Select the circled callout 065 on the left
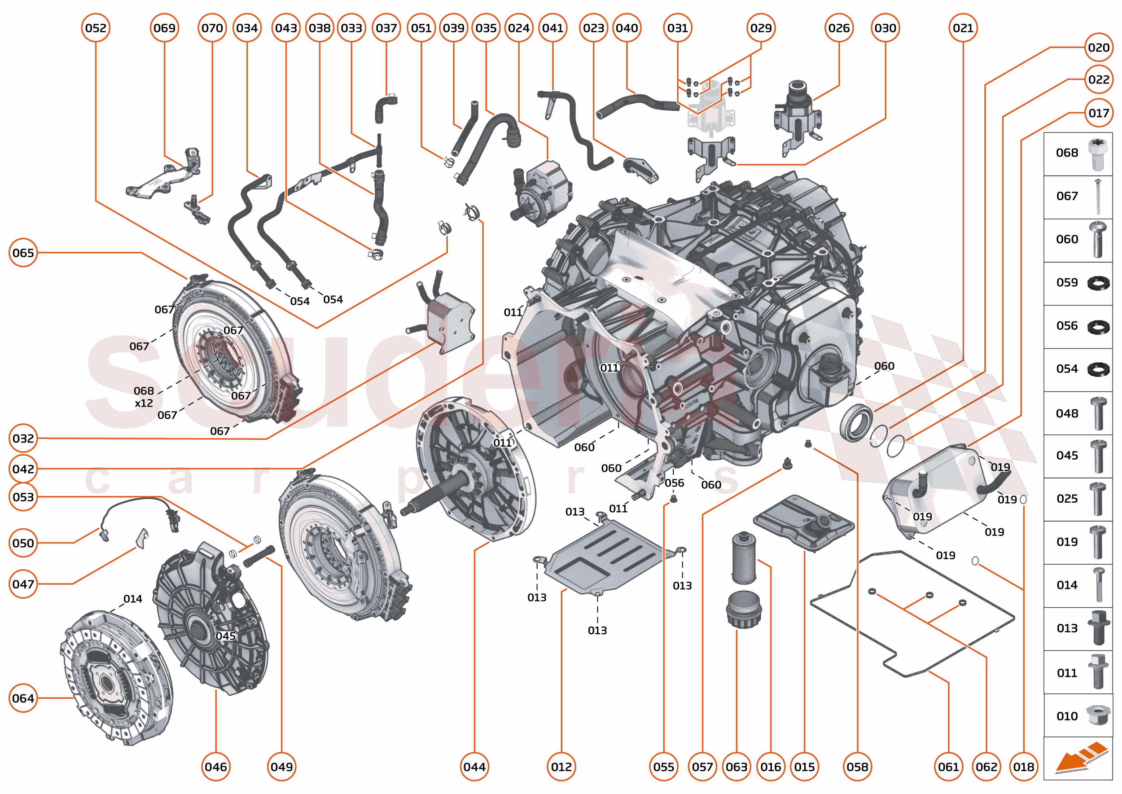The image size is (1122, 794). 23,253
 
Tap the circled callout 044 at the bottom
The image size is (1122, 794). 474,767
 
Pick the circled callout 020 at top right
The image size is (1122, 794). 1099,48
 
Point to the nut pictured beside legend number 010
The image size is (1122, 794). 1098,715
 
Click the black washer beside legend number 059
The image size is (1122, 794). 1098,283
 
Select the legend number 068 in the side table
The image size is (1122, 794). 1067,153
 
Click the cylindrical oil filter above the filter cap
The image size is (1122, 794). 744,558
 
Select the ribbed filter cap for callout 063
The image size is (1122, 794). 743,610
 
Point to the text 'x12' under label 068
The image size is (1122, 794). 144,404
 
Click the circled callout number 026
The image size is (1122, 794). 839,28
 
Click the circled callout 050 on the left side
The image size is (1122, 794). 23,543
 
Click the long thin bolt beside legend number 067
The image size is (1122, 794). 1098,197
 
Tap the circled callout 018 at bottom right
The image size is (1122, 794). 1023,767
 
